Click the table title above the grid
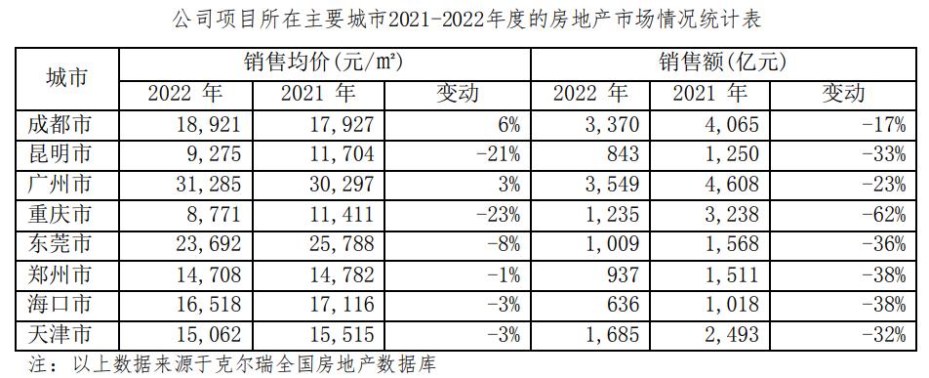point(464,18)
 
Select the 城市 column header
point(68,80)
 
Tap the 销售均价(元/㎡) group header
point(323,64)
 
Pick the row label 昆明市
point(68,153)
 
